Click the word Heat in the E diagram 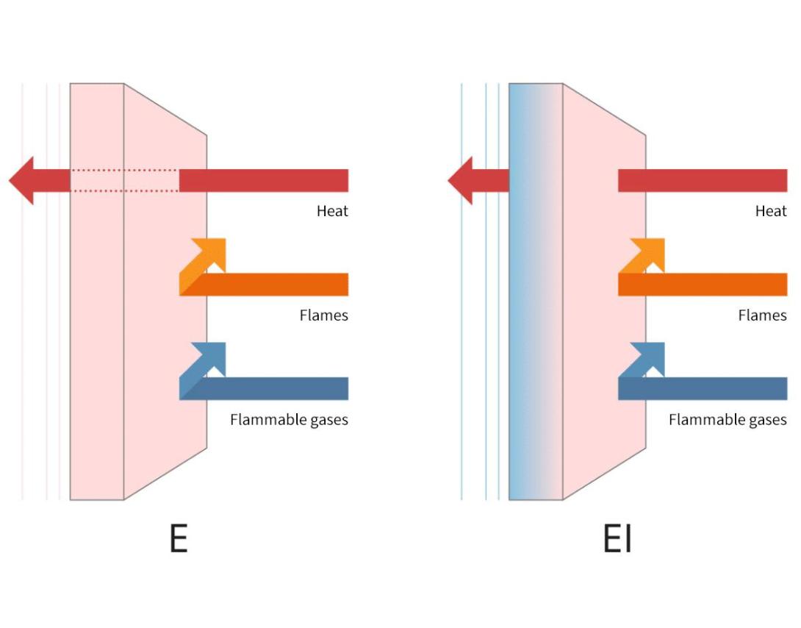coord(332,211)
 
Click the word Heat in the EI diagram coord(771,211)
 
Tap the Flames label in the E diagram coord(323,315)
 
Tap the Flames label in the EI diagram coord(762,315)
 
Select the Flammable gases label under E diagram coord(289,420)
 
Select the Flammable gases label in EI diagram coord(728,420)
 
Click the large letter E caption coord(179,538)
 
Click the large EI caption coord(617,538)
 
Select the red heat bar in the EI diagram coord(702,180)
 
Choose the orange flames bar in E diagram coord(272,285)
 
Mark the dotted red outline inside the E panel coord(125,180)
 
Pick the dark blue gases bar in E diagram coord(272,388)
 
